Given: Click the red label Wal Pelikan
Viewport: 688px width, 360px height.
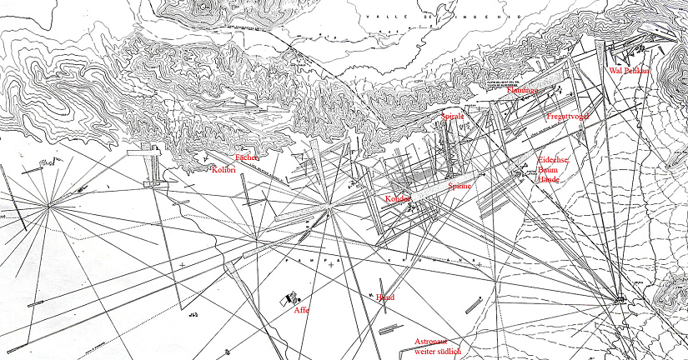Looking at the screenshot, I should (629, 71).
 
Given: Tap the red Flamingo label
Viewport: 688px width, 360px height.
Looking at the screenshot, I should (523, 90).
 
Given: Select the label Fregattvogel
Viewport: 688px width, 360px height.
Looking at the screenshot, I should (568, 117).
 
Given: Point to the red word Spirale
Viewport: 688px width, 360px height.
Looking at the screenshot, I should (452, 117).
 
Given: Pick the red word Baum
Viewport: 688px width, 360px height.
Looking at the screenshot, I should (548, 169).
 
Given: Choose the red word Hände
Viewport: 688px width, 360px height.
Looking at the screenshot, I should (548, 179).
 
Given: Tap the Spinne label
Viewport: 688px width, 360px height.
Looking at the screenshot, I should (460, 186).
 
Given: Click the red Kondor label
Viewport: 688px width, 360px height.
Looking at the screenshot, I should (399, 198).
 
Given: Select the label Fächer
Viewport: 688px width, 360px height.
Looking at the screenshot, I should (247, 157).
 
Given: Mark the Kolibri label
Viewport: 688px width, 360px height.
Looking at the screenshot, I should (225, 170).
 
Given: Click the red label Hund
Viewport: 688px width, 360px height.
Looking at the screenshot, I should (384, 297).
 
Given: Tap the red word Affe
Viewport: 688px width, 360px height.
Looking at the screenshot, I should (301, 310).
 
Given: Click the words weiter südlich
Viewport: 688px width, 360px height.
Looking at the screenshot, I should (438, 352).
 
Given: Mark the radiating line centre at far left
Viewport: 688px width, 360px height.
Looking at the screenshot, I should (48, 204).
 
